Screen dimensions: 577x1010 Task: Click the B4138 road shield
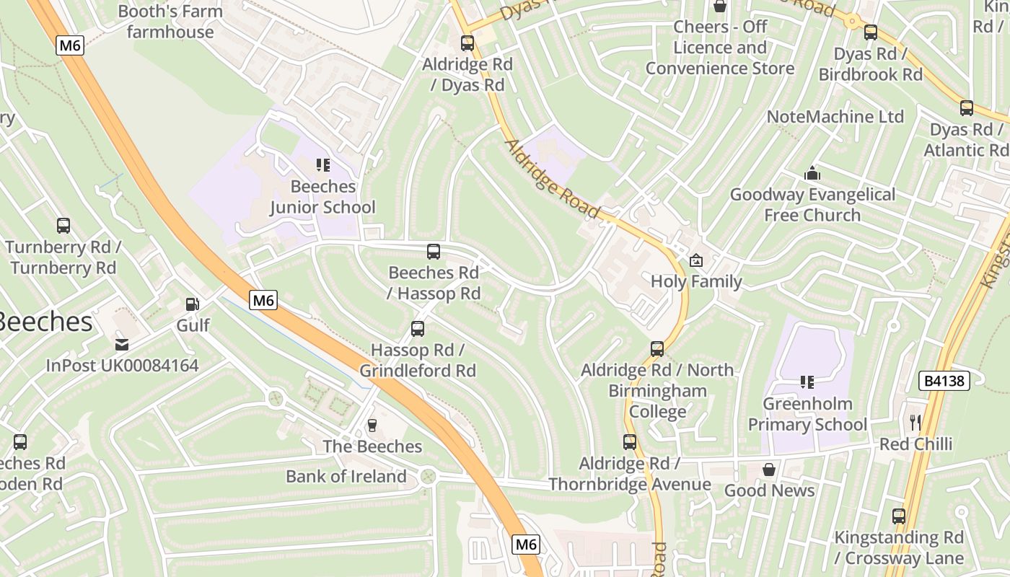[944, 381]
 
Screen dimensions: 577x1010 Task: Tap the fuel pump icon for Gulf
[192, 305]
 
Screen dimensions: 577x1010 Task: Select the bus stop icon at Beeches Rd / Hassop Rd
[433, 252]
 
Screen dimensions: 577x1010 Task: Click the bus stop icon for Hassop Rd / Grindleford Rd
[417, 329]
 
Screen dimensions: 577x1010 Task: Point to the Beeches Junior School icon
[322, 165]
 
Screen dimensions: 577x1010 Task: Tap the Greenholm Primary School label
[807, 414]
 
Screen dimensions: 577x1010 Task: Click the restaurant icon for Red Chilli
[915, 423]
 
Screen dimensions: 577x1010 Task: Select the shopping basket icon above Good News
[769, 470]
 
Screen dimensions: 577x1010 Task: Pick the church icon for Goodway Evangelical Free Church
[812, 174]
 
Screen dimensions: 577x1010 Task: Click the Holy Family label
[696, 281]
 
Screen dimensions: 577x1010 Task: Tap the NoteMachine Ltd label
[835, 117]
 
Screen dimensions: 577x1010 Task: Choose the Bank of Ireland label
[346, 477]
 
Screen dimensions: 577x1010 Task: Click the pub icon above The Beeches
[372, 426]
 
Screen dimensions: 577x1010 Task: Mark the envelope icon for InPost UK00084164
[121, 345]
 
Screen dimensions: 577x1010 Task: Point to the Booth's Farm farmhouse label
[170, 22]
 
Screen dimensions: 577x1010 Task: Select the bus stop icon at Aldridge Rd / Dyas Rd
[467, 43]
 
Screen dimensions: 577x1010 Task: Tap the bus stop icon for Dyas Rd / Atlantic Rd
[966, 108]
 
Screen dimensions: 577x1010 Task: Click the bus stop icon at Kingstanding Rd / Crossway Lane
[898, 516]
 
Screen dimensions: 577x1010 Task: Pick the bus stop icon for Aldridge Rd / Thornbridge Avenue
[630, 442]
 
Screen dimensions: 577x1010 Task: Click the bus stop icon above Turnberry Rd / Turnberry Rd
[63, 226]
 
